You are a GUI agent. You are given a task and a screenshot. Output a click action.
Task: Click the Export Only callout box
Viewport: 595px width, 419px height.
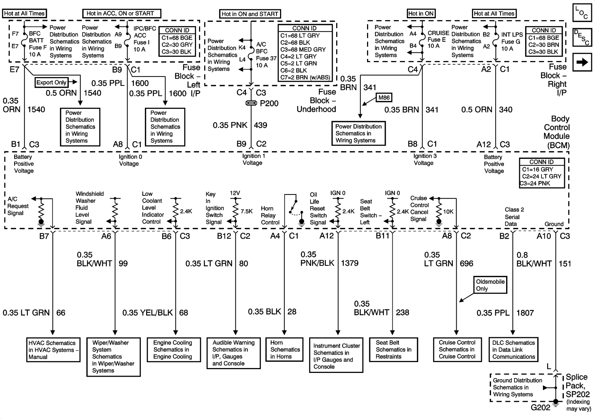[51, 83]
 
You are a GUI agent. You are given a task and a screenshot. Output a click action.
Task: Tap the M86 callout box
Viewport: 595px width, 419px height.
[384, 98]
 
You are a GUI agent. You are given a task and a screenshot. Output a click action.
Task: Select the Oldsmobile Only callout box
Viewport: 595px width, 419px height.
[490, 285]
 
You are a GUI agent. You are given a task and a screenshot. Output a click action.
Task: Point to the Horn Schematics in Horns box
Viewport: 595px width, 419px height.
[284, 349]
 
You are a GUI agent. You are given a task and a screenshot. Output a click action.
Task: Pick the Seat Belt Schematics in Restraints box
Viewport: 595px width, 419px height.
[393, 349]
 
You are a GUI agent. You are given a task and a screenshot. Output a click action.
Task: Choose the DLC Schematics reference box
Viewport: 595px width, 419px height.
[513, 349]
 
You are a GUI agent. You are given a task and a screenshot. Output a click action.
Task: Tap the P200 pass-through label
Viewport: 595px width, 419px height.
[269, 103]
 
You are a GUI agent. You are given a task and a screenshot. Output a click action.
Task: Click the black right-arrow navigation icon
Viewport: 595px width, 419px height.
[582, 62]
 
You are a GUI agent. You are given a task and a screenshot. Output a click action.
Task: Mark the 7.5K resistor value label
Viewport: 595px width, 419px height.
[247, 211]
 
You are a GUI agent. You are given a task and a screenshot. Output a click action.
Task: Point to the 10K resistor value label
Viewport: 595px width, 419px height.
[448, 212]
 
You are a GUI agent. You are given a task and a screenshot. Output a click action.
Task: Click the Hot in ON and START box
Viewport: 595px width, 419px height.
[250, 14]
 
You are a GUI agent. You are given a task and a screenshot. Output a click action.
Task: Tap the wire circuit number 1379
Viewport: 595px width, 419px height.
[350, 263]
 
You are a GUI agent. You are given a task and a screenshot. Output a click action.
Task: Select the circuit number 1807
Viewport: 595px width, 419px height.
[525, 313]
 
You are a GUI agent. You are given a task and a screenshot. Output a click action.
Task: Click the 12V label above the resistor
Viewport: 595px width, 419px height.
[235, 193]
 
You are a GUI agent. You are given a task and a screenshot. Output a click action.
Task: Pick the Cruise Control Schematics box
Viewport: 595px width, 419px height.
[457, 349]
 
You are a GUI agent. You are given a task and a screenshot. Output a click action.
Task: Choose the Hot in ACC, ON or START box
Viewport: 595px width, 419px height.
[121, 13]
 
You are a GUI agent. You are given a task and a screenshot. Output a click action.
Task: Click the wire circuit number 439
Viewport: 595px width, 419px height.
[260, 125]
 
